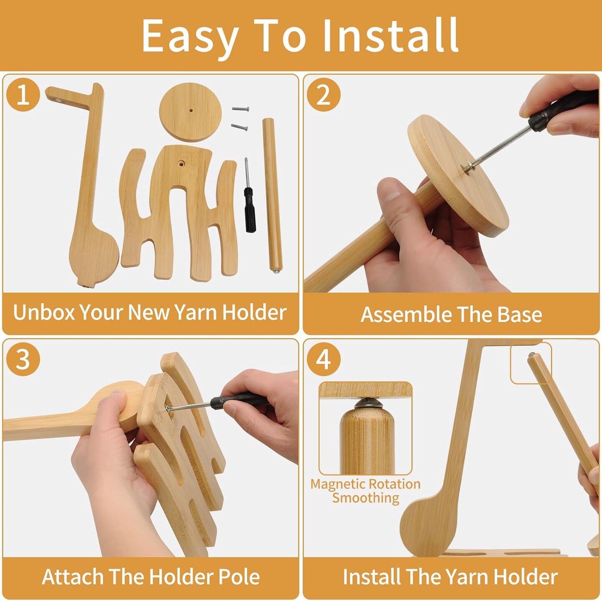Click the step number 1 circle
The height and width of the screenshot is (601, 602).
[x=23, y=95]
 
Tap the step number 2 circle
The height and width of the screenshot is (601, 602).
[x=323, y=95]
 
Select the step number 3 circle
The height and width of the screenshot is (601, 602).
[x=23, y=359]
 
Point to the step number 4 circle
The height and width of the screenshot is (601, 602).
[x=323, y=359]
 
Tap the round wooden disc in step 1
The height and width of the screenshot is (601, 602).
[x=191, y=112]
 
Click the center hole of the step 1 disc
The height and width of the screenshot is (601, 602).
[x=191, y=110]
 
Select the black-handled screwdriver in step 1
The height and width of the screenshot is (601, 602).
[x=249, y=195]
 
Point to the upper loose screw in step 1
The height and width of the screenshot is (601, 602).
[x=240, y=109]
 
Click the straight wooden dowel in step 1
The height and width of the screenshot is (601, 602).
[x=273, y=195]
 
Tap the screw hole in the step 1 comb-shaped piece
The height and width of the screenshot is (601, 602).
[x=181, y=163]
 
